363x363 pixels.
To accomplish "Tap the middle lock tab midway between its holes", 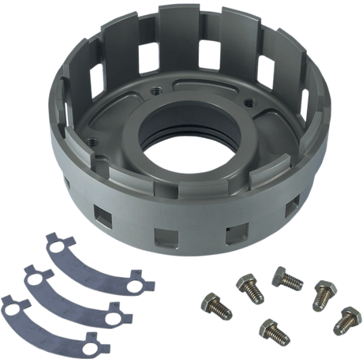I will (77, 290).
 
